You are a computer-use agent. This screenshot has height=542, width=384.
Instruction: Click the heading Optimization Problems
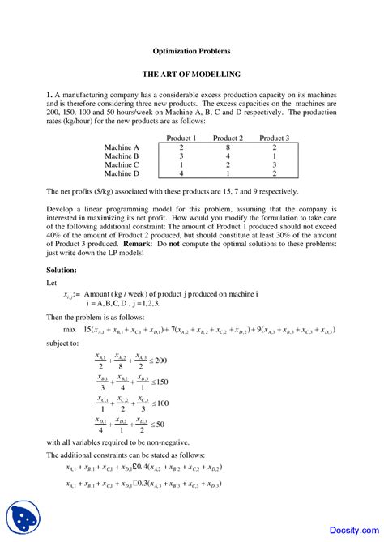[192, 50]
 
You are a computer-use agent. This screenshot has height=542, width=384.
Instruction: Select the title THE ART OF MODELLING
[192, 74]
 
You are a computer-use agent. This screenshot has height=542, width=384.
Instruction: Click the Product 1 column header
[181, 139]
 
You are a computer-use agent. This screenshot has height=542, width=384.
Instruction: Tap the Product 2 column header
[228, 139]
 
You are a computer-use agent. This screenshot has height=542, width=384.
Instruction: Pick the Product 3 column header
[275, 139]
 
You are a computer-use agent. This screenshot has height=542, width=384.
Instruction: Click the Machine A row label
[122, 147]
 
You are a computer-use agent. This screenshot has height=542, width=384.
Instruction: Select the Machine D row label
[122, 173]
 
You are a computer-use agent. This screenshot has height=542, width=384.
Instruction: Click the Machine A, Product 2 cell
[228, 147]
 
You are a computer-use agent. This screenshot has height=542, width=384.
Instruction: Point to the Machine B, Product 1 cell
[181, 156]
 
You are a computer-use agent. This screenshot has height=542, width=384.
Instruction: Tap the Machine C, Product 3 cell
[275, 164]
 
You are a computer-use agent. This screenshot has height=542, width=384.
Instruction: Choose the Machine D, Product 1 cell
[181, 173]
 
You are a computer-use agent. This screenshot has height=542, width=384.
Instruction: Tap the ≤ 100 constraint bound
[160, 403]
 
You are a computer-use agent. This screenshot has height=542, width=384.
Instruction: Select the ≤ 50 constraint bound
[158, 425]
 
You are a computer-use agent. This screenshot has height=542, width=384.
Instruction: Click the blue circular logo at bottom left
[23, 516]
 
